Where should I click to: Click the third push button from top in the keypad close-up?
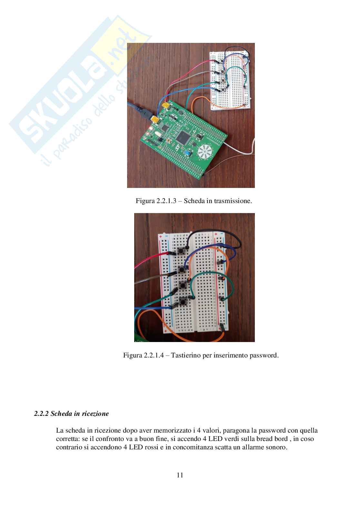[x=183, y=285]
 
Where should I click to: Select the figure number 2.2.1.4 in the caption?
[x=153, y=356]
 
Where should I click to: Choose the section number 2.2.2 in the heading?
[x=41, y=414]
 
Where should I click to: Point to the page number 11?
[x=180, y=475]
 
